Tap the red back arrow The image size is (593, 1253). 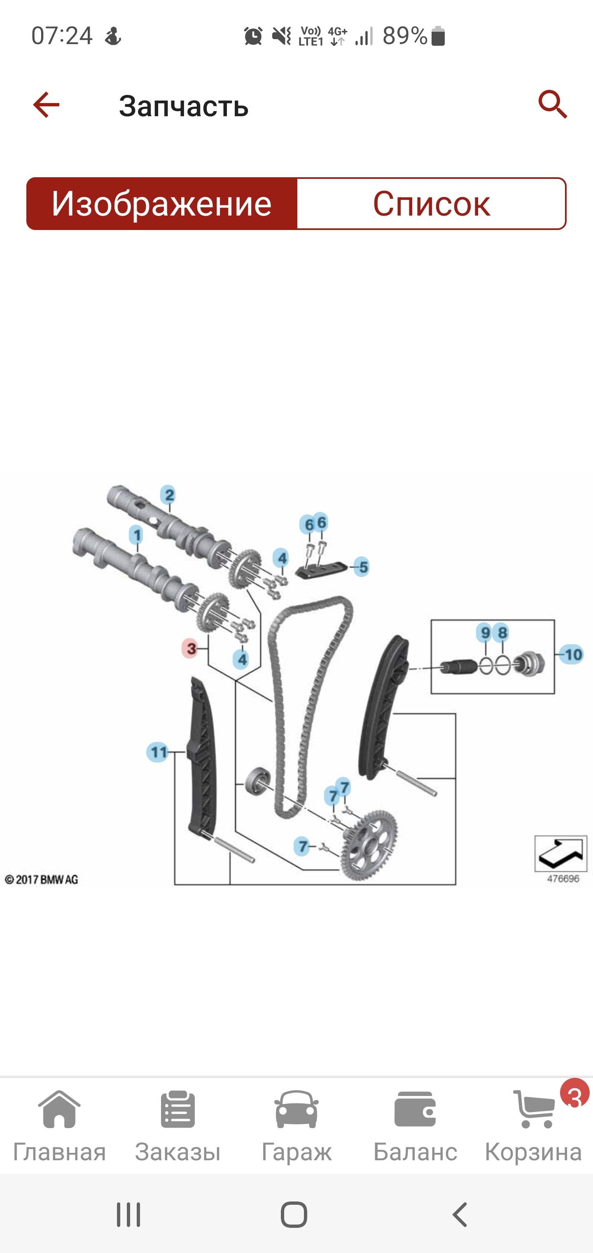[x=46, y=105]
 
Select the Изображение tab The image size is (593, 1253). [x=161, y=203]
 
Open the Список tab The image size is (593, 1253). [x=431, y=203]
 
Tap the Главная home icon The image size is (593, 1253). [x=59, y=1110]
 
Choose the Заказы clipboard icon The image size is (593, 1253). [x=178, y=1110]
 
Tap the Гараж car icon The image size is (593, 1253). [x=296, y=1110]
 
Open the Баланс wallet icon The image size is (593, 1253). [x=415, y=1110]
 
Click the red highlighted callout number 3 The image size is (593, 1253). [x=191, y=648]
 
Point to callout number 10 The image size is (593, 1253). [x=572, y=654]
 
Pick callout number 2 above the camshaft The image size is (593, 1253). [x=168, y=495]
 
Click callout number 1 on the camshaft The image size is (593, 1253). [x=137, y=535]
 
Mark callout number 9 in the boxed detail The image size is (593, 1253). [x=485, y=632]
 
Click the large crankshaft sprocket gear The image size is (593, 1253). [x=369, y=845]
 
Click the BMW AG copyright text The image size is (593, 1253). [x=42, y=880]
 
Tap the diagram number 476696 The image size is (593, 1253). [x=563, y=878]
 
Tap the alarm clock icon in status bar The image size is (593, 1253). [x=253, y=36]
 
